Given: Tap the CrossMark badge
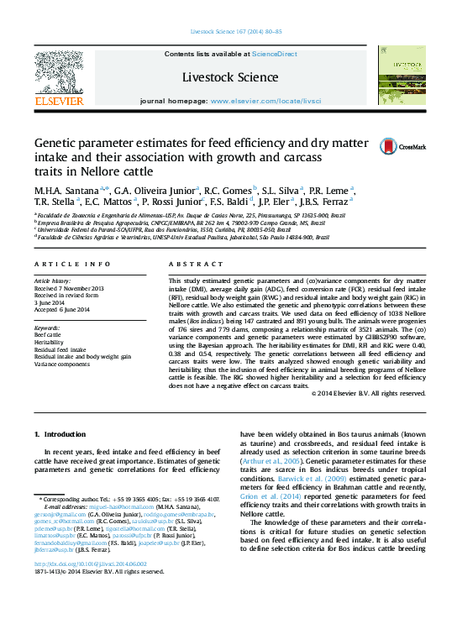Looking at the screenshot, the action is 391,146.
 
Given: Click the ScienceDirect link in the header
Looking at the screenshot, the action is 275,54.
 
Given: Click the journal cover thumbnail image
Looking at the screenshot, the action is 401,76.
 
